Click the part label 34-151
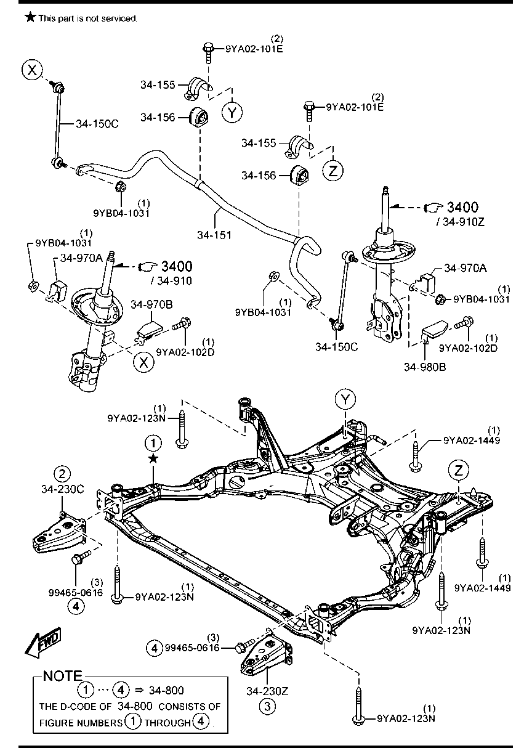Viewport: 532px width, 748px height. (x=214, y=235)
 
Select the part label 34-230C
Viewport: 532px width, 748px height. (x=62, y=489)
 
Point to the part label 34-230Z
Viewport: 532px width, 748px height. (x=267, y=691)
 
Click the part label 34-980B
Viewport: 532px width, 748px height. (x=425, y=367)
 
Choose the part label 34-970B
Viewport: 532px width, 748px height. (x=151, y=304)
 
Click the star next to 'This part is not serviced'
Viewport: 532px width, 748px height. (x=30, y=17)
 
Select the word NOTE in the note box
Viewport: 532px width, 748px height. (x=63, y=676)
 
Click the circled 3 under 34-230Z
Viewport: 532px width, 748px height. (x=267, y=706)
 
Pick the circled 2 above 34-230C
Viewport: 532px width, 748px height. (x=62, y=474)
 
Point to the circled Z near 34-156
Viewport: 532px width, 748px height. (x=332, y=171)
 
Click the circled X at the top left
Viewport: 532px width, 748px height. (x=32, y=70)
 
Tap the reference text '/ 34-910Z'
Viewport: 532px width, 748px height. (x=460, y=222)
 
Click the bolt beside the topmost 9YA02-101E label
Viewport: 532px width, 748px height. (x=208, y=53)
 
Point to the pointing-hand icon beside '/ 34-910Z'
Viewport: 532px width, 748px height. (x=433, y=208)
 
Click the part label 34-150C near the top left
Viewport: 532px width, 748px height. (x=97, y=124)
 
